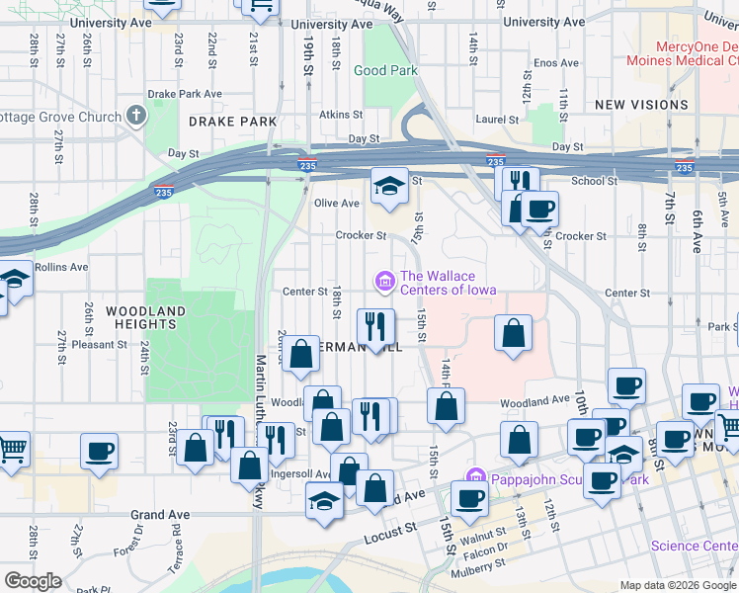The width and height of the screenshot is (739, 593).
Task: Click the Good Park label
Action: [385, 70]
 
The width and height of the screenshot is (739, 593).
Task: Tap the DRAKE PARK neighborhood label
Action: [232, 122]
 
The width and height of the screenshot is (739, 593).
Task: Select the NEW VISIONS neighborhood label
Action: [641, 105]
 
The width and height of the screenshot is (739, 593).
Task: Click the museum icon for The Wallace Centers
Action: [383, 284]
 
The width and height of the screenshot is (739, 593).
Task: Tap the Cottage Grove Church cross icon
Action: [135, 117]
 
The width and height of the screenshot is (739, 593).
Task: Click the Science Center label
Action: [694, 546]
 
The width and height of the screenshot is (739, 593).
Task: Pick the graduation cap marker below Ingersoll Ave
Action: [324, 500]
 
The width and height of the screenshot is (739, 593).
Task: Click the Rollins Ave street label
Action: [61, 267]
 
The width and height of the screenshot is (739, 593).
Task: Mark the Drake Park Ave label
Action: [185, 95]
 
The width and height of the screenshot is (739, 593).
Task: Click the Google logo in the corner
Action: [33, 581]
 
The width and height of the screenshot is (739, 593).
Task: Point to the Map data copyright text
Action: [678, 585]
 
